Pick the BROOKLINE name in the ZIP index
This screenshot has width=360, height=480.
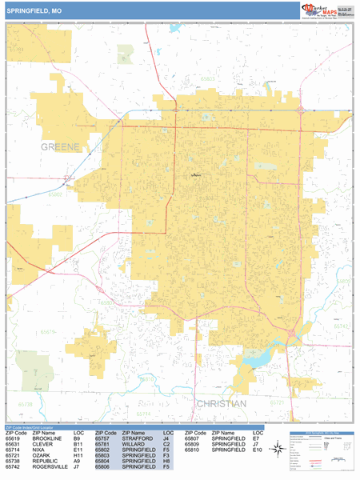[47, 438]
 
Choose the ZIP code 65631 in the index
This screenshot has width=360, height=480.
[14, 444]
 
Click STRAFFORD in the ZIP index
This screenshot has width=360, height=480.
[138, 438]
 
